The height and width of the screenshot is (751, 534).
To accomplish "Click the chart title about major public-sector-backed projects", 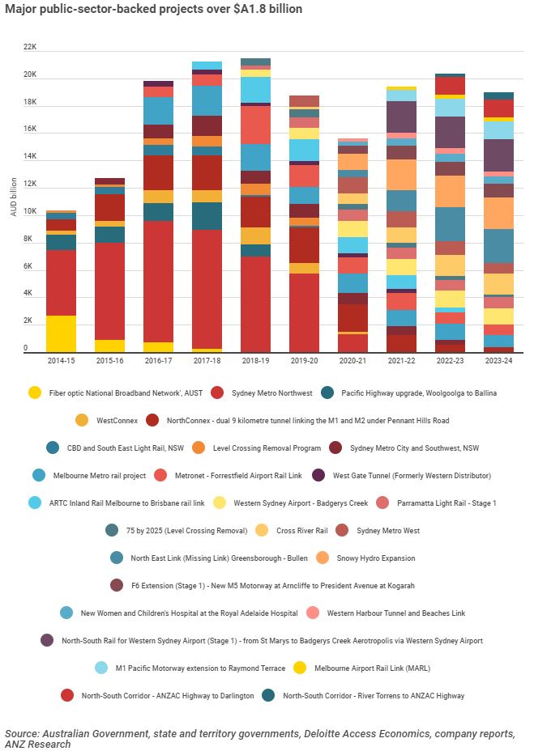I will (x=153, y=10).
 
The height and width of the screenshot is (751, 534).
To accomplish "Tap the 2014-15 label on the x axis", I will (x=61, y=360).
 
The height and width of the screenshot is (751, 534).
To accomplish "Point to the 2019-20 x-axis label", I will (x=304, y=360).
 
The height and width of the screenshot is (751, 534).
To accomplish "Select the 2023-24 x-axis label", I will (x=498, y=360).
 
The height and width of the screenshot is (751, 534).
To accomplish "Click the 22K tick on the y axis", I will (x=30, y=47).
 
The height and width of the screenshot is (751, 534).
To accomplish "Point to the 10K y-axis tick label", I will (x=30, y=212).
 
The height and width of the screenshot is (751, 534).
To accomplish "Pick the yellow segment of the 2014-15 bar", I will (x=61, y=333).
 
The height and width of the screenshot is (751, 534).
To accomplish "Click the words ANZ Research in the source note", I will (x=37, y=744).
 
